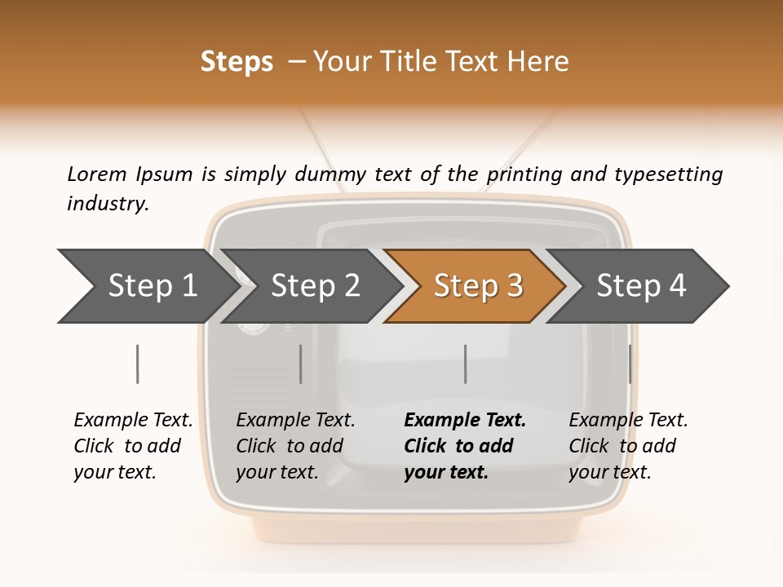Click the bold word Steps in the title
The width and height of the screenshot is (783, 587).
point(237,62)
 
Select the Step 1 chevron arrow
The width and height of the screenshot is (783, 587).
point(147,286)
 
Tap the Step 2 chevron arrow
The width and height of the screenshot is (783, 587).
point(314,286)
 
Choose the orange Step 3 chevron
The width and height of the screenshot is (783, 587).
point(477,286)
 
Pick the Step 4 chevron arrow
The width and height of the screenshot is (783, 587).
point(640,286)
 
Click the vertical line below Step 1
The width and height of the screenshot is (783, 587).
point(137,364)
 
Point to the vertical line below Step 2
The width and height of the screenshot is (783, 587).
point(301,364)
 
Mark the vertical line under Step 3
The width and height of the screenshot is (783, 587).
point(465,364)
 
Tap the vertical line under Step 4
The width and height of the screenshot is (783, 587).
point(630,364)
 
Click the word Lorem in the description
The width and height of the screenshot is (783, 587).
point(97,174)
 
